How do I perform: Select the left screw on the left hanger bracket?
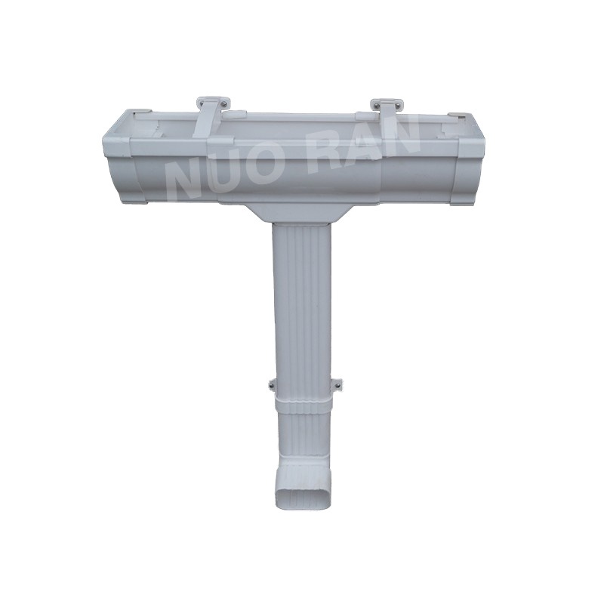click(x=200, y=103)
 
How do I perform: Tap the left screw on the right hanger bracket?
click(x=374, y=103)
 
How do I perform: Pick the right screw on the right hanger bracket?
click(x=399, y=103)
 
